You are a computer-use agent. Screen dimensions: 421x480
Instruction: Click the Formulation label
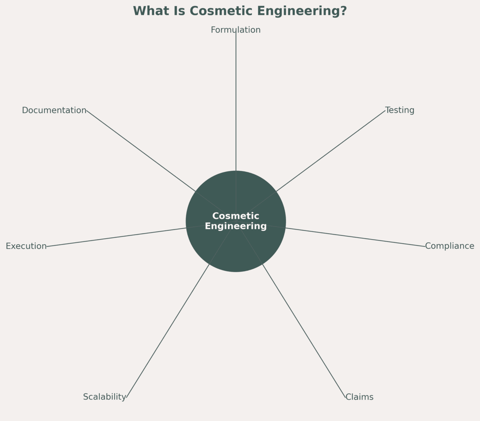tap(235, 30)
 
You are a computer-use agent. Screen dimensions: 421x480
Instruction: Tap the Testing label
tap(400, 110)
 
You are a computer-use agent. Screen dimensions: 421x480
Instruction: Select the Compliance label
tap(449, 246)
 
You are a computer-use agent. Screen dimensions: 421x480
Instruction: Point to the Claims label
tap(359, 397)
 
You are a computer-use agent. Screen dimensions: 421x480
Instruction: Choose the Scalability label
tap(104, 397)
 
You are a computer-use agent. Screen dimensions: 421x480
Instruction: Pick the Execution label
tap(26, 246)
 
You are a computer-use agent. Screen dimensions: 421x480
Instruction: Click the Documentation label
tap(54, 110)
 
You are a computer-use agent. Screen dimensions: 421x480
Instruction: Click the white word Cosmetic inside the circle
tap(235, 216)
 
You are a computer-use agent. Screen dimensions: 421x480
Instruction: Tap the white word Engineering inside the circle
tap(235, 226)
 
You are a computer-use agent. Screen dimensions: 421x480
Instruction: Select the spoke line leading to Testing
tap(330, 151)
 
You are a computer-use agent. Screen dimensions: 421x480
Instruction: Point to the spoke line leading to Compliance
tap(355, 237)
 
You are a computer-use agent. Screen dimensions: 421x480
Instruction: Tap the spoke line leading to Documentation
tap(141, 151)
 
